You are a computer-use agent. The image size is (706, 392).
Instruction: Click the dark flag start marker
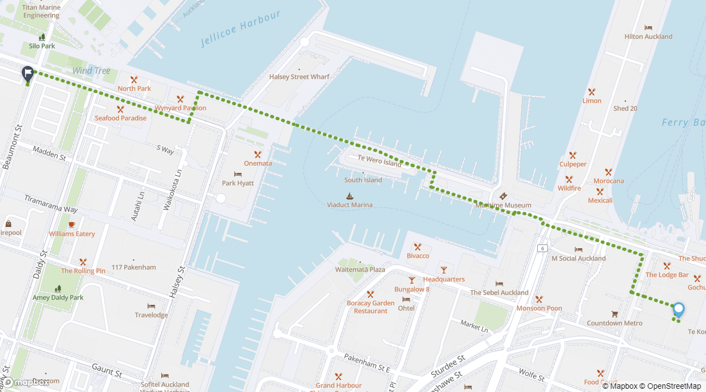click(x=28, y=73)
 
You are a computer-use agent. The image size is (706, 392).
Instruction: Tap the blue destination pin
click(x=678, y=309)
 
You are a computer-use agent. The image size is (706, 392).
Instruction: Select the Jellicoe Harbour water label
click(x=240, y=28)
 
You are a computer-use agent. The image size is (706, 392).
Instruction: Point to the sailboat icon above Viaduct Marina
click(x=349, y=196)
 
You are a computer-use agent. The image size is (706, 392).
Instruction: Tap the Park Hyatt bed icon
click(x=238, y=174)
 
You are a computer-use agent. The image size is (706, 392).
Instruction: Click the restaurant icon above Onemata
click(x=258, y=155)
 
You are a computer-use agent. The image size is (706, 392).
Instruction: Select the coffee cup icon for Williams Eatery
click(x=71, y=225)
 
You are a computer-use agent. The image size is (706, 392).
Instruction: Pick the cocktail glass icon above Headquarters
click(x=443, y=270)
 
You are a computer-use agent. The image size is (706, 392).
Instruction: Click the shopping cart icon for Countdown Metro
click(x=614, y=314)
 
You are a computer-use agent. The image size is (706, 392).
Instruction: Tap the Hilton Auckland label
click(x=648, y=36)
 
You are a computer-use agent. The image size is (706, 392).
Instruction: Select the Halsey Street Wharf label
click(x=299, y=77)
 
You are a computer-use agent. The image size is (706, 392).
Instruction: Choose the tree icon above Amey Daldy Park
click(x=58, y=289)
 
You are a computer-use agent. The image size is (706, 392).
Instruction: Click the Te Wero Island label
click(x=379, y=161)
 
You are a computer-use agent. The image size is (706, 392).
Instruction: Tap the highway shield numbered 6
click(x=542, y=248)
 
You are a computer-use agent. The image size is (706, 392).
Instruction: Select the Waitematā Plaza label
click(x=360, y=269)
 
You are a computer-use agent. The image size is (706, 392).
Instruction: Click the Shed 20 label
click(x=625, y=108)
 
